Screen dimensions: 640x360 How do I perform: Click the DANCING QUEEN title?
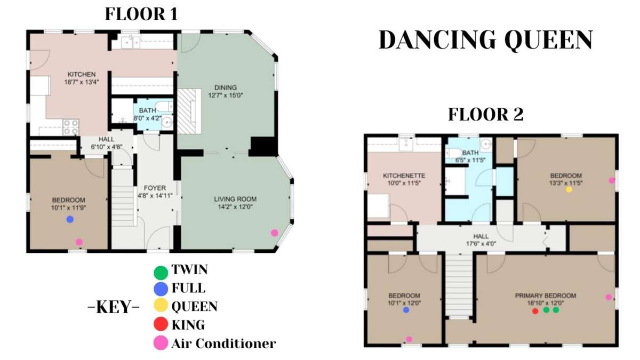coord(486,41)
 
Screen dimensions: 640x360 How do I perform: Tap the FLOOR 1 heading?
coord(141,14)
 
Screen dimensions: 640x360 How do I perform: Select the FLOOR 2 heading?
coord(486,114)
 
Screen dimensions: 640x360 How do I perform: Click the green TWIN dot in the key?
coord(161,273)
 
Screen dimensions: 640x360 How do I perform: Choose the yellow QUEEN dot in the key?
coord(161,305)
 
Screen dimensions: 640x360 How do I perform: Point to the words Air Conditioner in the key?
coord(223,343)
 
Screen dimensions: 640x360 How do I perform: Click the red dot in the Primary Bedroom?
coord(535,311)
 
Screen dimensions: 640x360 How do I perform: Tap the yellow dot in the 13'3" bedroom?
coord(569,189)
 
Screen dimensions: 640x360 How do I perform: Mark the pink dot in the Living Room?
coord(275,233)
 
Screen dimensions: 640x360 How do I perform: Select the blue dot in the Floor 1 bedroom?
coord(70,219)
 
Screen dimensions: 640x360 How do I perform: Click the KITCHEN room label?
coord(82,74)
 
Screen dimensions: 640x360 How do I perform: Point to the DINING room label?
coord(226,87)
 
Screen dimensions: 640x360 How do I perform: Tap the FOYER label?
coord(155,188)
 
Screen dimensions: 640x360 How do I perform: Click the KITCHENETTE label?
coord(404,175)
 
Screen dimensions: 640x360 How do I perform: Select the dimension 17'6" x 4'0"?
coord(481,244)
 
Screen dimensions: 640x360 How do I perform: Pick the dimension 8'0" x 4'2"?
coord(147,118)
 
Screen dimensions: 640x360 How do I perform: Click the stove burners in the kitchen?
coord(71,127)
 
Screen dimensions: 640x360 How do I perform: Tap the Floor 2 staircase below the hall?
coord(459,286)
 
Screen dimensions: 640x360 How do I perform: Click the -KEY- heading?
coord(114,307)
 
